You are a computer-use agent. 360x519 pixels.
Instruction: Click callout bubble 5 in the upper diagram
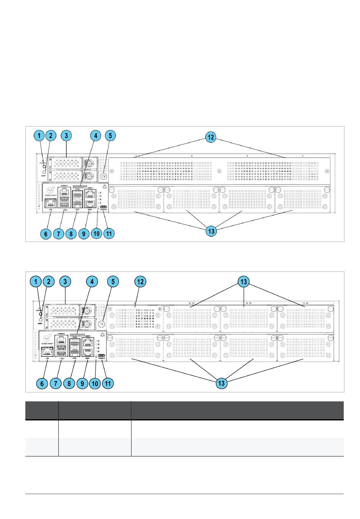(110, 136)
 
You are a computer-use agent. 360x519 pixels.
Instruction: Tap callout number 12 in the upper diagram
(210, 138)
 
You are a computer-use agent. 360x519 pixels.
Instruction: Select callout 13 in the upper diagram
(211, 231)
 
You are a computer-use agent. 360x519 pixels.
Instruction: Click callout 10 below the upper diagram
(96, 234)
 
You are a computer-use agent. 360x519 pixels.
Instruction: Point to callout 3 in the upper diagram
(66, 136)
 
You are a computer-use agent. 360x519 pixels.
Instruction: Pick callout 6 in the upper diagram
(46, 234)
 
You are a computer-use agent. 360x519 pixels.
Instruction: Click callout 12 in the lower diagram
(141, 282)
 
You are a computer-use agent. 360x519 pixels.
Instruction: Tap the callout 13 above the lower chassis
(243, 282)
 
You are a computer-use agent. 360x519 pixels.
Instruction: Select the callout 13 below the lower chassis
(221, 383)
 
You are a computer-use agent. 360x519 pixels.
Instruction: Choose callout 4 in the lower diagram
(92, 282)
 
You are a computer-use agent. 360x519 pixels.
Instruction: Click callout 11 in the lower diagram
(108, 383)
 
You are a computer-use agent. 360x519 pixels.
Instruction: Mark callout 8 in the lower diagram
(69, 383)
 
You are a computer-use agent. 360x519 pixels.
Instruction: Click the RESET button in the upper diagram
(44, 172)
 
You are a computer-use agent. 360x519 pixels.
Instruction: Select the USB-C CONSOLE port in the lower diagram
(102, 355)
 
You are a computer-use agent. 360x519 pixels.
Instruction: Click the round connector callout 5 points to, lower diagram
(102, 325)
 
